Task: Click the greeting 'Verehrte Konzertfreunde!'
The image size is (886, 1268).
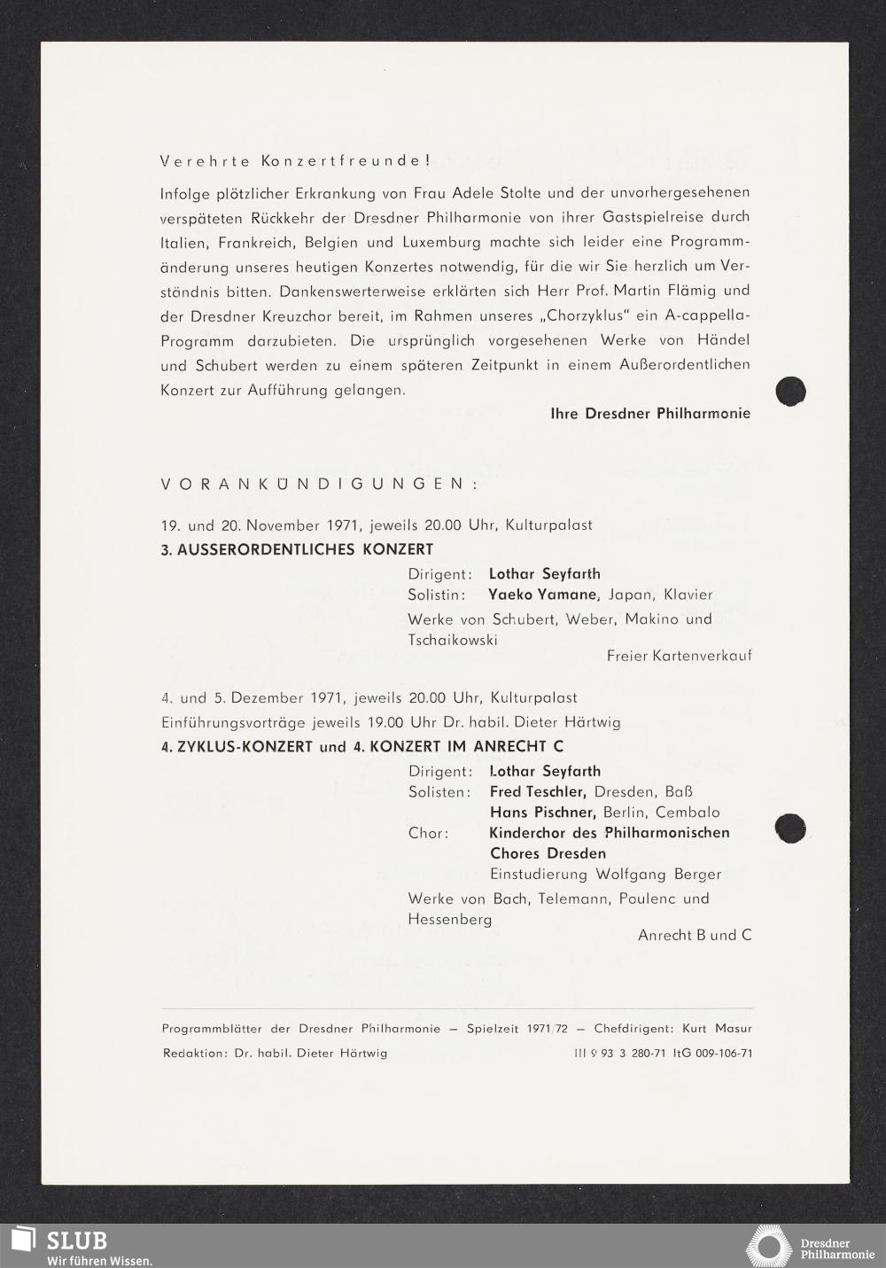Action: [x=295, y=161]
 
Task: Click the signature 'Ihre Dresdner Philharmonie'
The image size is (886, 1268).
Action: [x=649, y=414]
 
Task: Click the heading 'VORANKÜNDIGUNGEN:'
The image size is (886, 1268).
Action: [x=320, y=484]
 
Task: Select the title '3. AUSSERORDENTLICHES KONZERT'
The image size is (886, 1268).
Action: [x=297, y=549]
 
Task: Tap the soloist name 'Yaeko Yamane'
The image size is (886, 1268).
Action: [x=545, y=595]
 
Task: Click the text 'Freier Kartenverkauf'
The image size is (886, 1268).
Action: [x=679, y=656]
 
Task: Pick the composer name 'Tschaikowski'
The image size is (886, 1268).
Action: [x=453, y=640]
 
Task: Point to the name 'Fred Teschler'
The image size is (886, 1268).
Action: [x=538, y=792]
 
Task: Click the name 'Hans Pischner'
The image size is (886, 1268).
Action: [x=542, y=813]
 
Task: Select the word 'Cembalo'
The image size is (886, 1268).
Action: [x=688, y=813]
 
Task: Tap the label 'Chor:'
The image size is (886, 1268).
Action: [x=428, y=833]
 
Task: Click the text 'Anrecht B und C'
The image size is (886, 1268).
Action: [x=695, y=935]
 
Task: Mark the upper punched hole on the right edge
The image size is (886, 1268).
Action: [x=790, y=391]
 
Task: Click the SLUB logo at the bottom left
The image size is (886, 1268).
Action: [x=62, y=1244]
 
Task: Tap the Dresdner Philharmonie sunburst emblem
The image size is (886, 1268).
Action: [x=769, y=1247]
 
